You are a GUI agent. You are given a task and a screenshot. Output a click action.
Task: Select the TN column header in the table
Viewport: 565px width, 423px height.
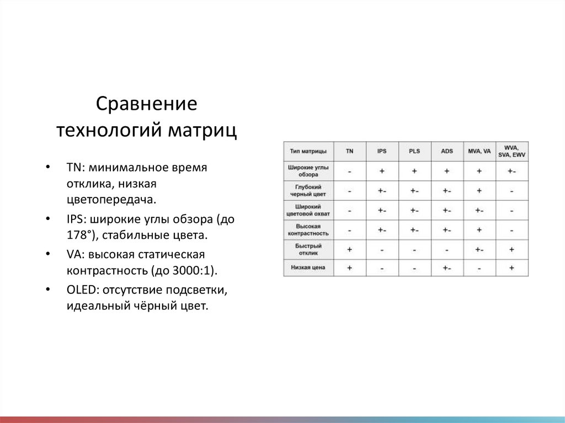[x=350, y=151]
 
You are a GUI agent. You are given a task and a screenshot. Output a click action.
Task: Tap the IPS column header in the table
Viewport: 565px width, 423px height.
[x=382, y=151]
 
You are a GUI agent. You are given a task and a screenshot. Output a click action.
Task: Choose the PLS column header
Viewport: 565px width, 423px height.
[x=414, y=151]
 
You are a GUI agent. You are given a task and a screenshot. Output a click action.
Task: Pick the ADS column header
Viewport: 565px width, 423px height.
[x=446, y=151]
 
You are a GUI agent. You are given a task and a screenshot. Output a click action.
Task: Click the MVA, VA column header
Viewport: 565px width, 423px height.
[x=479, y=151]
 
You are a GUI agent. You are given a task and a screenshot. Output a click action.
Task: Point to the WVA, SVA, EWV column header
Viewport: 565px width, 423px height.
[x=511, y=151]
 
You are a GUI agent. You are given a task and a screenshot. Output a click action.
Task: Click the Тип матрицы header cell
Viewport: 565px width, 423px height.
[x=308, y=151]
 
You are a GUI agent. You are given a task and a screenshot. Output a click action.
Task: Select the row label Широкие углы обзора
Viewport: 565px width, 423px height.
[x=308, y=170]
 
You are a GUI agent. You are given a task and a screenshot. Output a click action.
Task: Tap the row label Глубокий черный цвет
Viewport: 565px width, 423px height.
[x=308, y=190]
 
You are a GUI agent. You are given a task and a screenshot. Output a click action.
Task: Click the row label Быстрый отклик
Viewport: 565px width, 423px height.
[x=308, y=249]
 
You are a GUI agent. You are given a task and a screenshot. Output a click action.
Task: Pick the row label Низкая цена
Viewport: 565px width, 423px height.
[x=308, y=267]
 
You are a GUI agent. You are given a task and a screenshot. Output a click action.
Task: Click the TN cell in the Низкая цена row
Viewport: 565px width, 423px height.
[x=350, y=267]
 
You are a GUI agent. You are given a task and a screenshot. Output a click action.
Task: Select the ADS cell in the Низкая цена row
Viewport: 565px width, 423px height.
[x=446, y=268]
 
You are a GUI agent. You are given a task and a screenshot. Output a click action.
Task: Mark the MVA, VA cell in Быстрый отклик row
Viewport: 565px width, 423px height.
[x=479, y=250]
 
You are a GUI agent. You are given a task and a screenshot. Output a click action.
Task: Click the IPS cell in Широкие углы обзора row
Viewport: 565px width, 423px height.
[x=382, y=171]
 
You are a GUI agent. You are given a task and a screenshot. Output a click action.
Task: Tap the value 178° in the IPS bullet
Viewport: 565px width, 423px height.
[x=78, y=235]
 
